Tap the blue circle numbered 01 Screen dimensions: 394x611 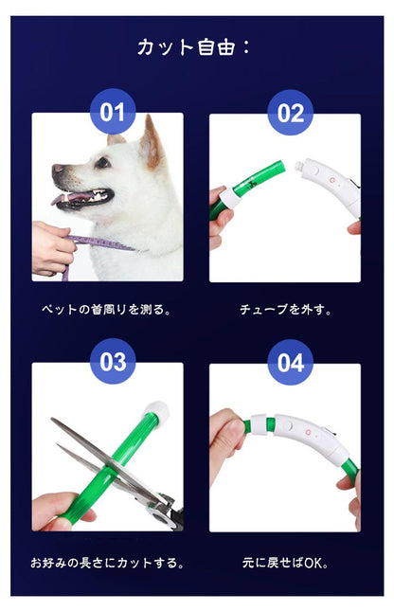113,112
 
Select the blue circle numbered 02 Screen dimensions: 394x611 291,113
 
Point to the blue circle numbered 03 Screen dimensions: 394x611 113,361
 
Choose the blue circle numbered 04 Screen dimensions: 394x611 291,363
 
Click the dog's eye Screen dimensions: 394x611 102,163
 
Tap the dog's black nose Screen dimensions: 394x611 57,170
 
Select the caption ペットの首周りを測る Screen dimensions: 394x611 106,310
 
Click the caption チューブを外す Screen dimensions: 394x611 285,310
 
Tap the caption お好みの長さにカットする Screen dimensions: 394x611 107,563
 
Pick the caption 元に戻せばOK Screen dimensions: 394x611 285,563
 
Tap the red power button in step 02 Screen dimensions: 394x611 332,180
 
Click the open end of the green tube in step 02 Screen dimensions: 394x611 280,167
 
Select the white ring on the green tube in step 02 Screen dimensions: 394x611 231,197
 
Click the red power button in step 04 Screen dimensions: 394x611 309,432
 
